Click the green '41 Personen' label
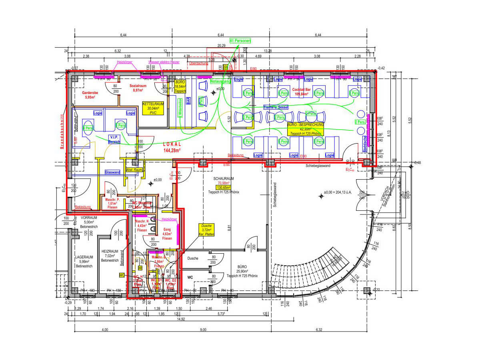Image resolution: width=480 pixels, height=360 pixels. pyautogui.click(x=240, y=41)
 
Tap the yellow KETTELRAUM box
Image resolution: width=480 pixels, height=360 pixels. pyautogui.click(x=152, y=108)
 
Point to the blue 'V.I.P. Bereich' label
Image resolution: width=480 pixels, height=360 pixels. pyautogui.click(x=114, y=139)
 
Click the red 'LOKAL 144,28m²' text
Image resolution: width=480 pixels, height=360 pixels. pyautogui.click(x=172, y=147)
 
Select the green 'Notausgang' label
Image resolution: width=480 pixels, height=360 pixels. pyautogui.click(x=220, y=81)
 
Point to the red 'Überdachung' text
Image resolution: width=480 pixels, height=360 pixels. pyautogui.click(x=198, y=63)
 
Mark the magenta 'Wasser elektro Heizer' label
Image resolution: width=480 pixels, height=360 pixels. pyautogui.click(x=164, y=62)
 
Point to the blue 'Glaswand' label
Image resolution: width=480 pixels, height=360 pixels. pyautogui.click(x=112, y=172)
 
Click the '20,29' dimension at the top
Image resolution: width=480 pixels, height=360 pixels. pyautogui.click(x=221, y=46)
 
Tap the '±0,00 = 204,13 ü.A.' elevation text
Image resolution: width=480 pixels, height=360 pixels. pyautogui.click(x=343, y=192)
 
